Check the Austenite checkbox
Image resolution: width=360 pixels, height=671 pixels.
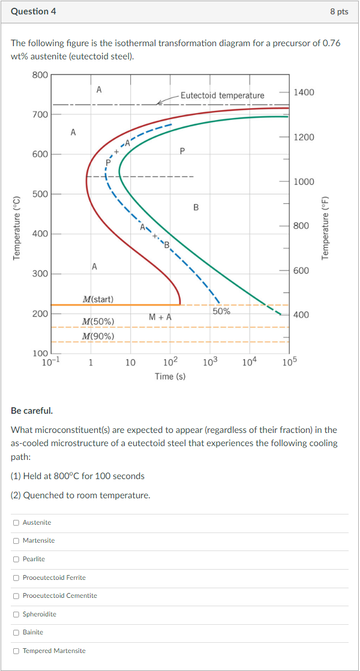point(16,522)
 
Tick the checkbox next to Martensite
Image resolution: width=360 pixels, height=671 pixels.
point(16,541)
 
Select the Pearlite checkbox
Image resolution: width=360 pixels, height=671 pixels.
point(16,559)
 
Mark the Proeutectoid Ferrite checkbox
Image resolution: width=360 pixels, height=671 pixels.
point(16,577)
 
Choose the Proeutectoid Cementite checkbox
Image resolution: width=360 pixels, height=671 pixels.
point(16,595)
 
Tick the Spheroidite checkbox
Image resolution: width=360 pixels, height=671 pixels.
point(16,614)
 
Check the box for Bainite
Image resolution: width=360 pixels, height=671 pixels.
point(16,632)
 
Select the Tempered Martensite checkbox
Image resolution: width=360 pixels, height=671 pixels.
point(16,651)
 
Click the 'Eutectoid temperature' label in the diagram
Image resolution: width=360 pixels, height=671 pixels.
point(222,95)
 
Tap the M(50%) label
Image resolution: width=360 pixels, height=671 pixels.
point(98,321)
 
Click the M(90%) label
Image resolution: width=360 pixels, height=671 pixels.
point(98,336)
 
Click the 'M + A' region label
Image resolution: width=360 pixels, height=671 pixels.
point(160,317)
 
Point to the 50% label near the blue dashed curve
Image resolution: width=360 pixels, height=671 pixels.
point(221,311)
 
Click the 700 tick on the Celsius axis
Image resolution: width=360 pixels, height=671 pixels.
point(40,114)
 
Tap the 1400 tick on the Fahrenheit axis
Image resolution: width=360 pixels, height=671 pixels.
point(304,92)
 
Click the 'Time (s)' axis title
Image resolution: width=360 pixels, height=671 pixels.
point(170,376)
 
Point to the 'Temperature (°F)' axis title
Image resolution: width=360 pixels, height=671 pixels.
point(326,228)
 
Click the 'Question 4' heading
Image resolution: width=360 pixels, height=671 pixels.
point(34,11)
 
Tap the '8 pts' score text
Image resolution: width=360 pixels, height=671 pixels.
point(339,11)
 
